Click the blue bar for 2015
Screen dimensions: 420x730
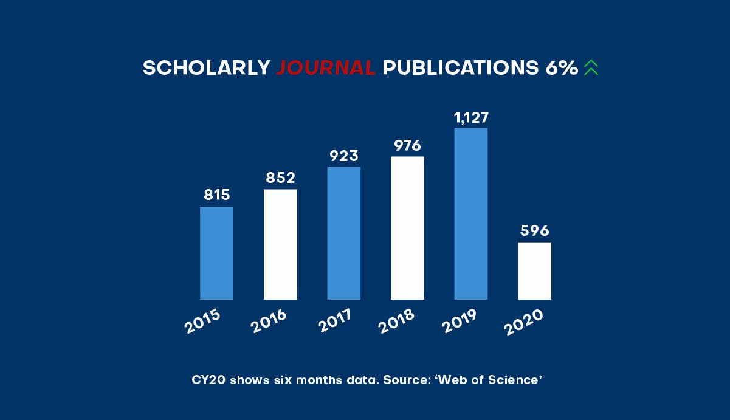click(216, 253)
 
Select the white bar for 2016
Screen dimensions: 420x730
click(280, 244)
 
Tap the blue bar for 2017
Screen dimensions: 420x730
click(343, 233)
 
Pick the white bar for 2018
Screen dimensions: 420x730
click(407, 228)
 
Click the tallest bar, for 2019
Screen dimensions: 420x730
click(470, 213)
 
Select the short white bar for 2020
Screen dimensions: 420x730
click(534, 270)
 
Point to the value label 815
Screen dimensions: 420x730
click(216, 195)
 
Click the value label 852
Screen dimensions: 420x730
click(280, 177)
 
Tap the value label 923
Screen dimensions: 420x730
click(343, 156)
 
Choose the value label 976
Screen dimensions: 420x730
click(407, 145)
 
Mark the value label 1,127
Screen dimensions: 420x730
click(471, 117)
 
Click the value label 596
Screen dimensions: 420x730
click(534, 231)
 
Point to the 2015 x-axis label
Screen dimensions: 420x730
click(202, 322)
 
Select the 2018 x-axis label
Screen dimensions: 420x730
click(396, 322)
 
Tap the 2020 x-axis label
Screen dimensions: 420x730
click(523, 322)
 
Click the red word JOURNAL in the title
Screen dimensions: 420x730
click(326, 68)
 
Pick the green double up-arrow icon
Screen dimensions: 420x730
click(591, 67)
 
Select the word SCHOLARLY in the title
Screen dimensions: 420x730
click(207, 68)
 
